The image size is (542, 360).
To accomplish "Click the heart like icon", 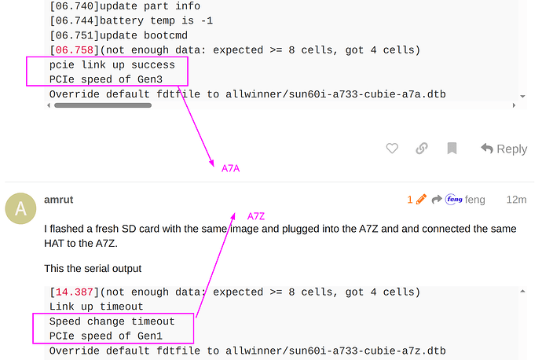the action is [392, 149].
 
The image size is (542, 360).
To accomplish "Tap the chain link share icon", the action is [422, 149].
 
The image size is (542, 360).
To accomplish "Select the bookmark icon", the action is [452, 149].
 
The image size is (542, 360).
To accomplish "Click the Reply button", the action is [504, 149].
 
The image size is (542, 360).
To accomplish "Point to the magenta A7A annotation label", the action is [231, 168].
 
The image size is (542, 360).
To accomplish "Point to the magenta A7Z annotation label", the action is [256, 216].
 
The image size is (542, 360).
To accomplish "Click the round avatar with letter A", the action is [20, 208].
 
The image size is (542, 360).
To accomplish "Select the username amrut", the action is [59, 200].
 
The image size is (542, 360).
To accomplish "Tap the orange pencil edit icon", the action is [421, 199].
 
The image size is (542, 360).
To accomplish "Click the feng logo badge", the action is [454, 199].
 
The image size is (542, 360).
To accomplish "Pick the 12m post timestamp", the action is [516, 200].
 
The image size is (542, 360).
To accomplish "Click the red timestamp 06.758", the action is [75, 50].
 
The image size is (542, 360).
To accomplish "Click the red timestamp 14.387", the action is [75, 292].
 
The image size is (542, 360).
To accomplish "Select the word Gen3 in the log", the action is [150, 79].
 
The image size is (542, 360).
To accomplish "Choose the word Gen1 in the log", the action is [150, 336].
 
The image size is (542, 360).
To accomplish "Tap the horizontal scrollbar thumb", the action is [103, 105].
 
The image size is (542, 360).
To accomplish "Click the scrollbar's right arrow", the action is [514, 105].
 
